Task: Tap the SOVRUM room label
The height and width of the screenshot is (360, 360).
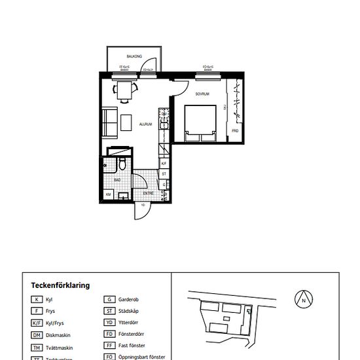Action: coord(202,94)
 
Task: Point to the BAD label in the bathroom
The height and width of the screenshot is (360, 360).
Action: coord(117,179)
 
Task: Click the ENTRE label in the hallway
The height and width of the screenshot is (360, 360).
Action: coord(149,194)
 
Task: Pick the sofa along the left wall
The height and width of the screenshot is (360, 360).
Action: coord(110,123)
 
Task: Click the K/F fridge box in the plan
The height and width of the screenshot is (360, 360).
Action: coord(164,163)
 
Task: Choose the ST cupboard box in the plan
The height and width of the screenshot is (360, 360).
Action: coord(164,174)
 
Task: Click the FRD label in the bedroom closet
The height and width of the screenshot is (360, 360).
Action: coord(234,131)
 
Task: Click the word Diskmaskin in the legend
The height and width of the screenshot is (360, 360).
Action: coord(60,334)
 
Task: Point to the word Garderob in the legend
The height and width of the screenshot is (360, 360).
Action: coord(129,299)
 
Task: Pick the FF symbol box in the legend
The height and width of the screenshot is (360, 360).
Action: coord(109,346)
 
